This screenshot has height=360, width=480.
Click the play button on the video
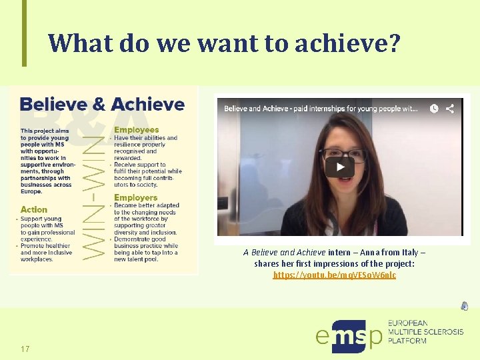[x=339, y=167]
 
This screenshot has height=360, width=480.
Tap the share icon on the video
[x=450, y=108]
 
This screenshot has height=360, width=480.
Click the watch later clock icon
[x=434, y=108]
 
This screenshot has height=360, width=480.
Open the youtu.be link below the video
[x=334, y=275]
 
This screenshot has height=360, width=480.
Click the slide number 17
[x=25, y=349]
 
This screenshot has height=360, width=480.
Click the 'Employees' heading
[x=137, y=129]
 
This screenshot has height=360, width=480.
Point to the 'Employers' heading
[x=135, y=197]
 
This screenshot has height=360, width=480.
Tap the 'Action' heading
[x=34, y=209]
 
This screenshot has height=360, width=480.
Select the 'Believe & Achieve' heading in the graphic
[x=102, y=105]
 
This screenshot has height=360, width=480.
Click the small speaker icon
[x=464, y=306]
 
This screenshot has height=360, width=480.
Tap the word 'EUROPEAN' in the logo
[x=408, y=323]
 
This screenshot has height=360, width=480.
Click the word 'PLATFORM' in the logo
[x=407, y=341]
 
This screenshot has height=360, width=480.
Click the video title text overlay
[x=320, y=109]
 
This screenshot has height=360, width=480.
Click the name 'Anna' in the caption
[x=371, y=253]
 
